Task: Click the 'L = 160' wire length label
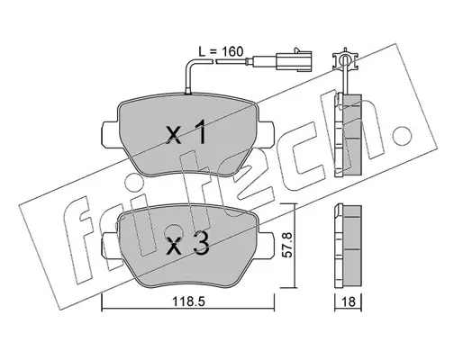pyautogui.click(x=221, y=51)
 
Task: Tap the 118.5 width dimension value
pyautogui.click(x=188, y=301)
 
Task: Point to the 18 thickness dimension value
pyautogui.click(x=349, y=301)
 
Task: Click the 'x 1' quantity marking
pyautogui.click(x=186, y=131)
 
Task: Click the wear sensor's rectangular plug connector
pyautogui.click(x=295, y=61)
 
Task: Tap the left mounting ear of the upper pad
pyautogui.click(x=110, y=133)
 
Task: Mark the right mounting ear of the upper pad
pyautogui.click(x=266, y=132)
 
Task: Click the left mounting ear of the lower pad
pyautogui.click(x=110, y=245)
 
